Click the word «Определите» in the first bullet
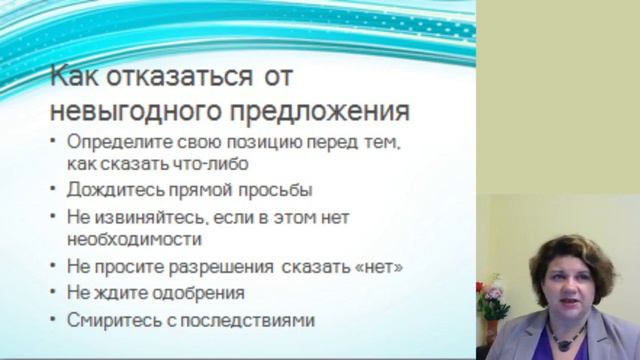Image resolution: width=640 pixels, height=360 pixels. [116, 144]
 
